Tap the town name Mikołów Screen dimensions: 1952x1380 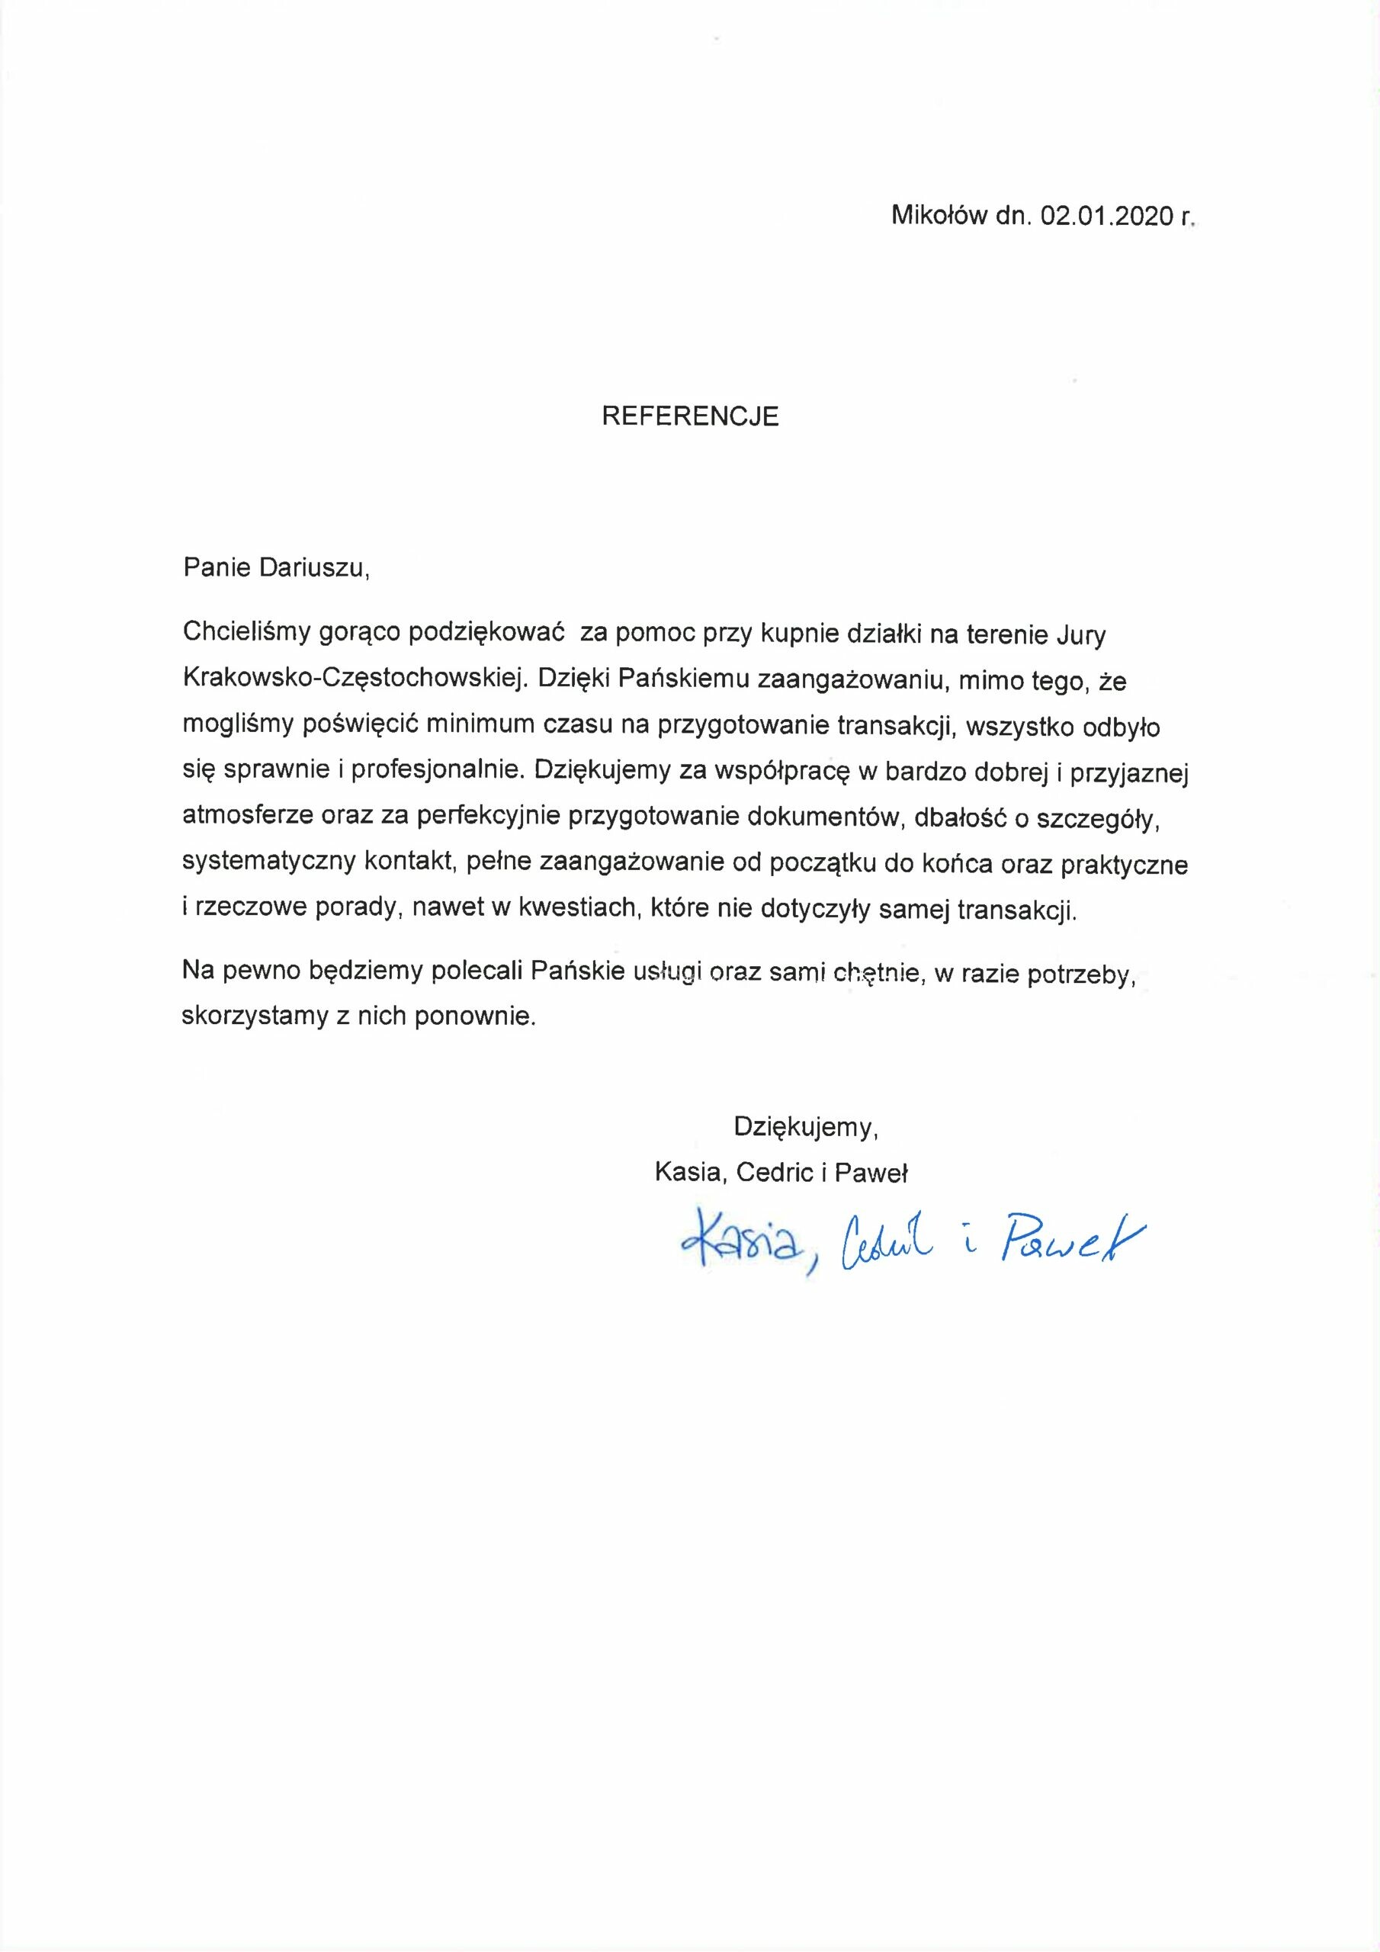938,217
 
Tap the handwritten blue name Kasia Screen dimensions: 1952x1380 740,1245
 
